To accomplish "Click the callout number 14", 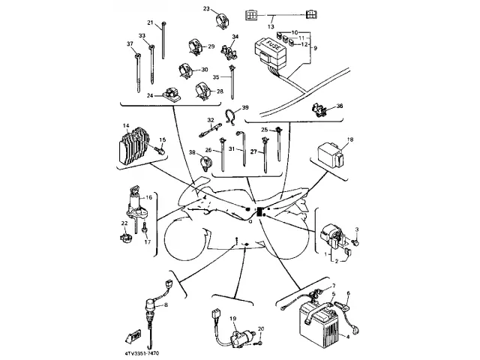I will click(x=126, y=125).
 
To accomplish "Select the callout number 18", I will click(x=350, y=139).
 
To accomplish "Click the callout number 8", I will click(x=166, y=305).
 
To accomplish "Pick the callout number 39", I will click(x=244, y=109).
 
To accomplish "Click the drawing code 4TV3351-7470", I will click(x=148, y=349).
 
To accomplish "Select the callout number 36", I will click(x=339, y=107).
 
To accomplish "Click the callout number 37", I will click(x=129, y=45).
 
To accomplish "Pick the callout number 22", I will click(x=124, y=223).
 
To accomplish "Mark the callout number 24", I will click(x=150, y=96).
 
